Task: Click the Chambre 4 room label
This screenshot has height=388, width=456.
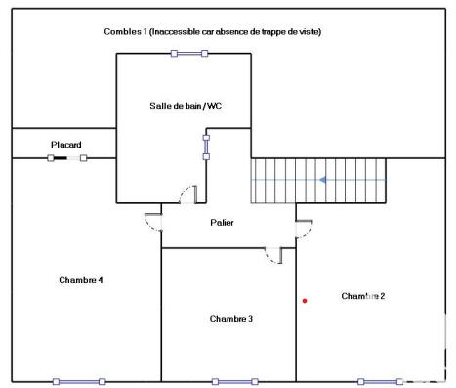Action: [81, 280]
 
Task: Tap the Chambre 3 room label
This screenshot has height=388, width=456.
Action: [231, 319]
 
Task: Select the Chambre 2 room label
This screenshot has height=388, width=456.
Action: [363, 295]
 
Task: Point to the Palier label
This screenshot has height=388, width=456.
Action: [222, 223]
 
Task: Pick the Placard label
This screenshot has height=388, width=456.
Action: [65, 145]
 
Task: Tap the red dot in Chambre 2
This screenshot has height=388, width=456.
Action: [305, 300]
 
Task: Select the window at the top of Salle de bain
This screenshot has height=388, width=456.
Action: [189, 53]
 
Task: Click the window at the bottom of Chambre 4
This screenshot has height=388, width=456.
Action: [78, 381]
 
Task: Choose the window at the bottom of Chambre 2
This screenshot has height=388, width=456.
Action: [381, 381]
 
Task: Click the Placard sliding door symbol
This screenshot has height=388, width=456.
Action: [66, 157]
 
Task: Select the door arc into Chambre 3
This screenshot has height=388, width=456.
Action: [272, 254]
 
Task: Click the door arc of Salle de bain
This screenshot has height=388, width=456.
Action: [187, 195]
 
